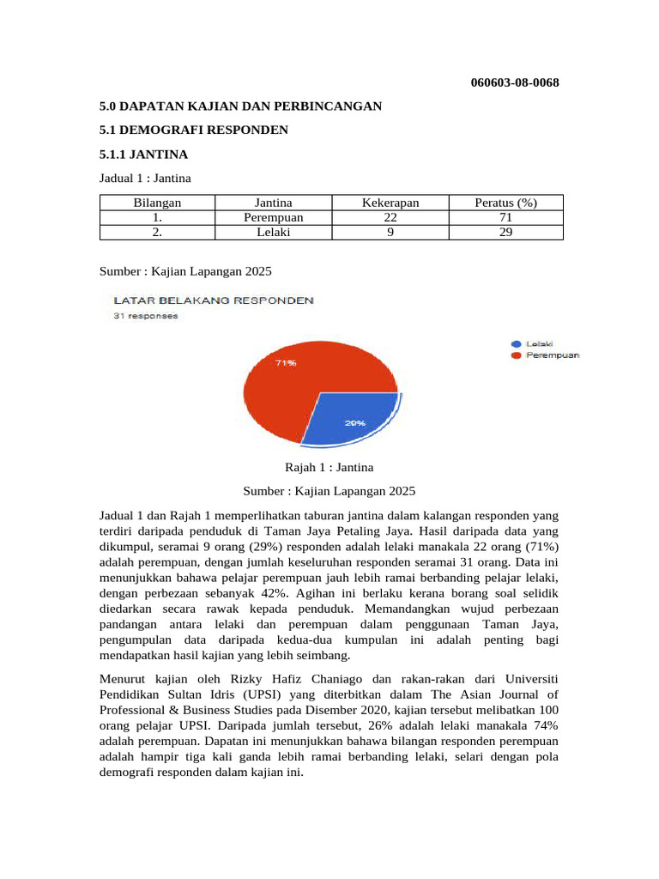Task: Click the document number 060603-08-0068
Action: coord(515,82)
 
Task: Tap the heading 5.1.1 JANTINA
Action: coord(143,155)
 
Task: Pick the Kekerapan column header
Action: coord(390,203)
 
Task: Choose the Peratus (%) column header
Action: coord(505,203)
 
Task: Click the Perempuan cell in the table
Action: coord(274,217)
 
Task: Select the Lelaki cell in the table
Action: coord(274,231)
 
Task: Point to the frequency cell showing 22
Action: coord(390,217)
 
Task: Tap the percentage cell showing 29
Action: coord(505,231)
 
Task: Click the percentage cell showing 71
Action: coord(505,217)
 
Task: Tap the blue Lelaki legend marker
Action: coord(516,343)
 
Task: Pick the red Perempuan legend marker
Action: coord(516,355)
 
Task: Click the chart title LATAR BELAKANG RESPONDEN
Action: coord(209,300)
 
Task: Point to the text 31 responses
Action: coord(146,316)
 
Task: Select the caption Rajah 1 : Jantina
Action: coord(329,467)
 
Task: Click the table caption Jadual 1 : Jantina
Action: coord(145,179)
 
